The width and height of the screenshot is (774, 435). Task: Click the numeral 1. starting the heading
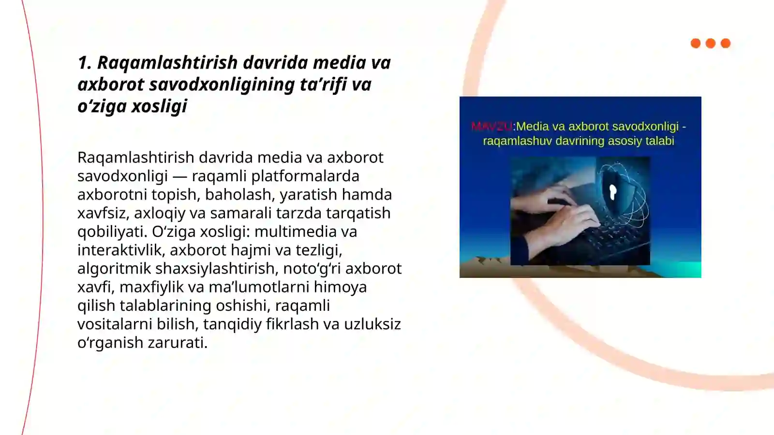[85, 63]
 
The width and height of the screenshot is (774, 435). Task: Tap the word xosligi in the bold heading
[159, 106]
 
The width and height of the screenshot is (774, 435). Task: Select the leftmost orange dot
[696, 43]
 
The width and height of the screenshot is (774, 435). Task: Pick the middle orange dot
[711, 43]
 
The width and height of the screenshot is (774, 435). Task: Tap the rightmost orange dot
[726, 43]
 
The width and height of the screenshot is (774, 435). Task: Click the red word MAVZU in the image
[491, 127]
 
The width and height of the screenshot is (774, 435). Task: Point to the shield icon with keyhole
[613, 192]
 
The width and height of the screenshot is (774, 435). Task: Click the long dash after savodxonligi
[179, 176]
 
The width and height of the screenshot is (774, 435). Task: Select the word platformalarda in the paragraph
[305, 176]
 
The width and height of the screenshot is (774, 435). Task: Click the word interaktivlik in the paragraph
[119, 250]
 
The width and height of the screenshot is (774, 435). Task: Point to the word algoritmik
[114, 269]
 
